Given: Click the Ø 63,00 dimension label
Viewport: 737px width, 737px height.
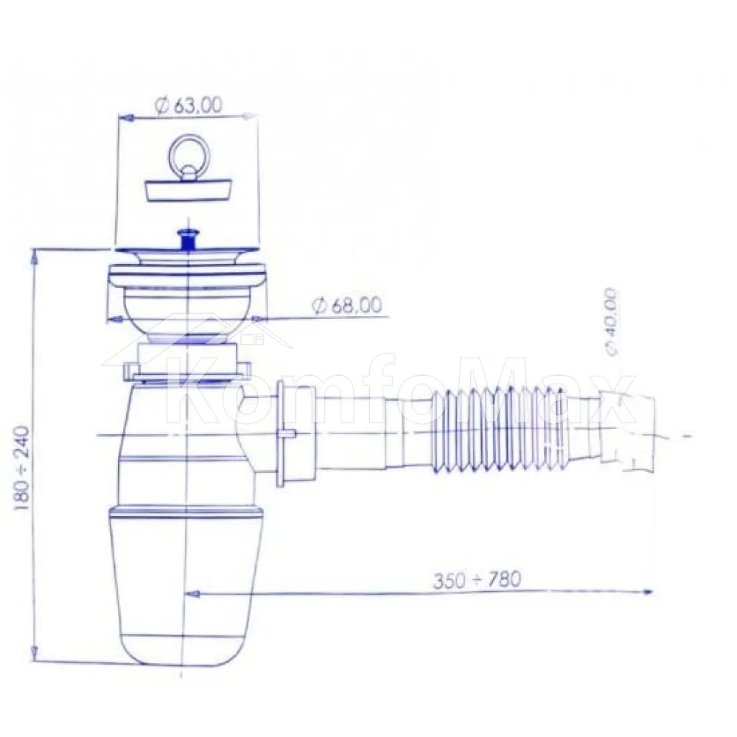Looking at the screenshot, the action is [x=187, y=105].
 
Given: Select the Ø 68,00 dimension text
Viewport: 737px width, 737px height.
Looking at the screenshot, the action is [x=347, y=306].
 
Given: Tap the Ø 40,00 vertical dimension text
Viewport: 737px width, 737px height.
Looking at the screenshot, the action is [x=612, y=322].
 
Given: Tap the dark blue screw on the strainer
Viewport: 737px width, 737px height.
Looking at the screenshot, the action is [x=188, y=240].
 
